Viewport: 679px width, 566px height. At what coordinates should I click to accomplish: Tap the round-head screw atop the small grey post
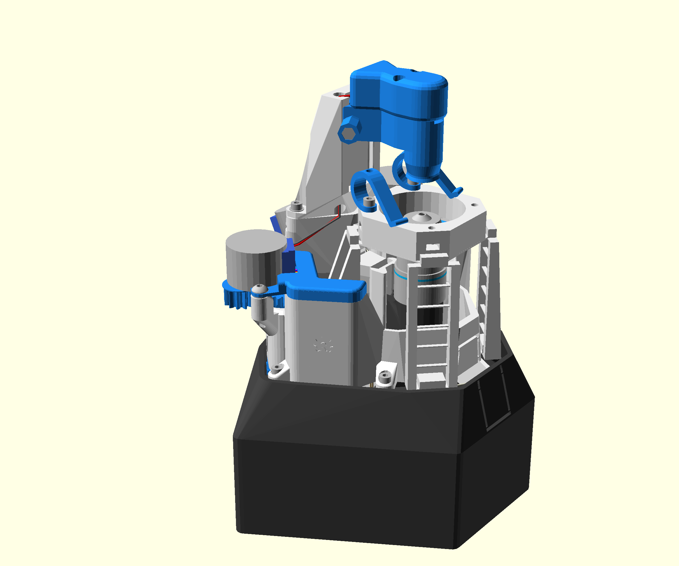(259, 288)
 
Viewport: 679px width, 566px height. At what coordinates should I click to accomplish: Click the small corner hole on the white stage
(474, 205)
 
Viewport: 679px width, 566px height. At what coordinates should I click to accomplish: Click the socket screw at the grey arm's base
(296, 205)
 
